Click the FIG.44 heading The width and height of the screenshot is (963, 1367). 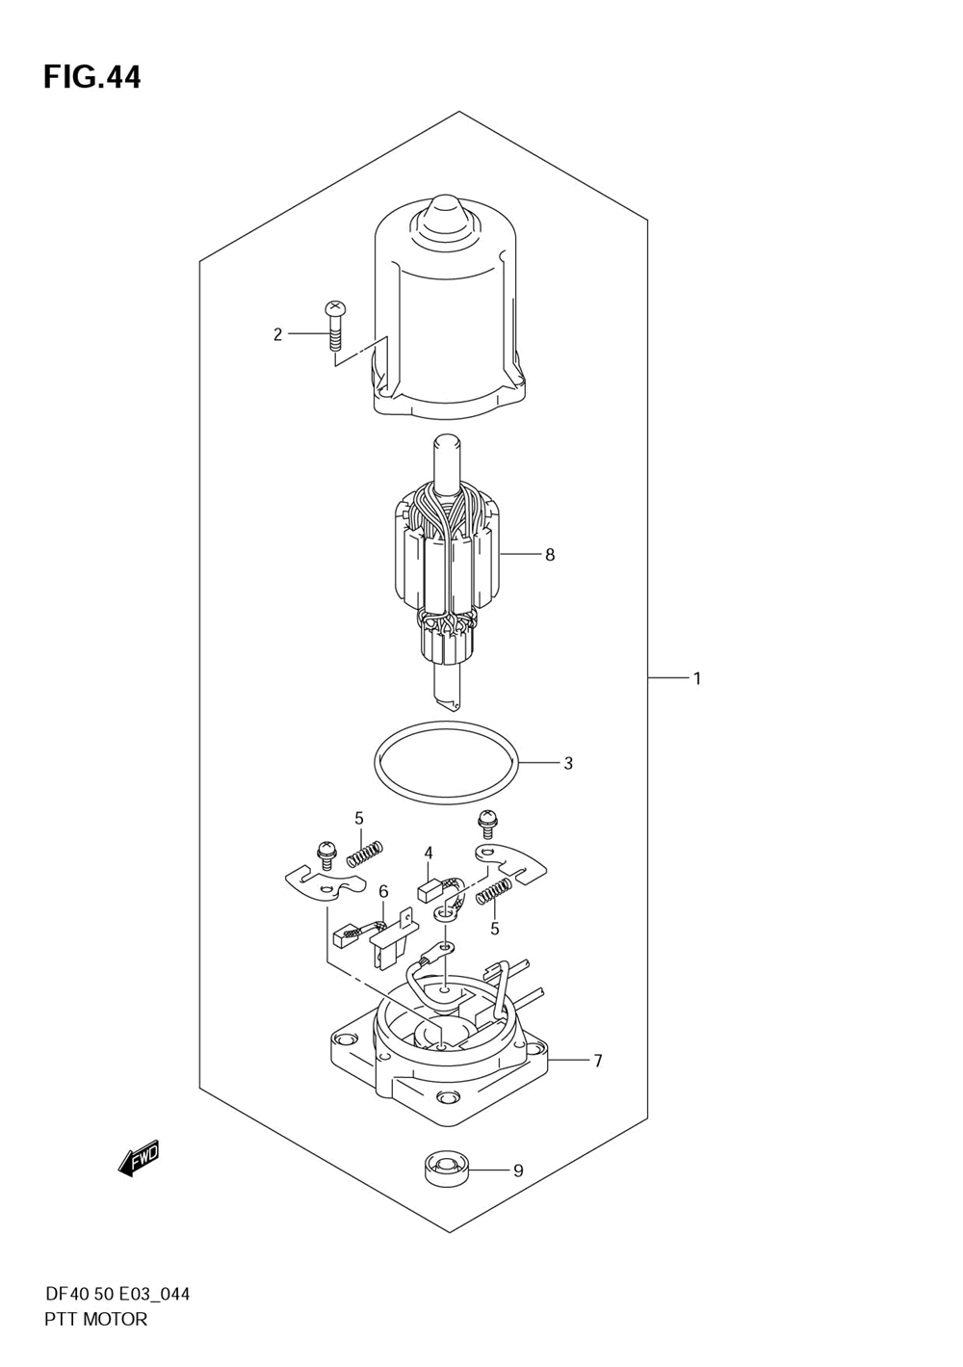tap(91, 77)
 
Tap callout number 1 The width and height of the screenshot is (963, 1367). tap(696, 678)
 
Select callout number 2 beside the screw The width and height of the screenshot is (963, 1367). tap(278, 334)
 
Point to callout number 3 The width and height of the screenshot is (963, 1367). tap(568, 763)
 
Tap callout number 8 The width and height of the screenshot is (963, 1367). tap(550, 555)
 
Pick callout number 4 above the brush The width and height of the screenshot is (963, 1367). tap(428, 853)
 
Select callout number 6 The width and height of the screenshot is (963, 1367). tap(382, 892)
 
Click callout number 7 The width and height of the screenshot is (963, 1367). tap(598, 1061)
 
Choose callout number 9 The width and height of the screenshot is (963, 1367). tap(518, 1170)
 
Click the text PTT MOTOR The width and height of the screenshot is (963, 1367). tap(96, 1320)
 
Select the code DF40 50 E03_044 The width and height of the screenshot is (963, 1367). tap(117, 1294)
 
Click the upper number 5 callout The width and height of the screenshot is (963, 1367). tap(358, 819)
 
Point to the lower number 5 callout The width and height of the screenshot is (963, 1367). tap(494, 929)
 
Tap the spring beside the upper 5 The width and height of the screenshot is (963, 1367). tap(365, 853)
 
